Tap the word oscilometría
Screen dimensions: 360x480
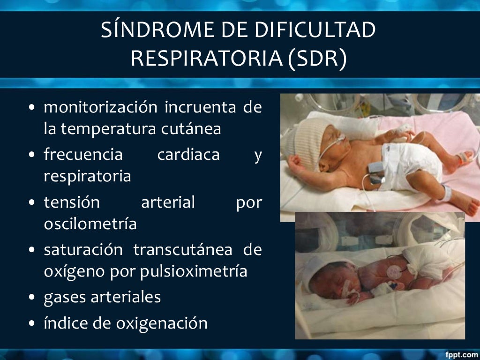coord(90,224)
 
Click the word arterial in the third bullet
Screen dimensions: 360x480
coord(168,202)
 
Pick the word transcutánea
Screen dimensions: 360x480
coord(182,250)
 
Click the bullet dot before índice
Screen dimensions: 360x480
coord(31,324)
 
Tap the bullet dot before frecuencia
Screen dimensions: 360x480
coord(31,155)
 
